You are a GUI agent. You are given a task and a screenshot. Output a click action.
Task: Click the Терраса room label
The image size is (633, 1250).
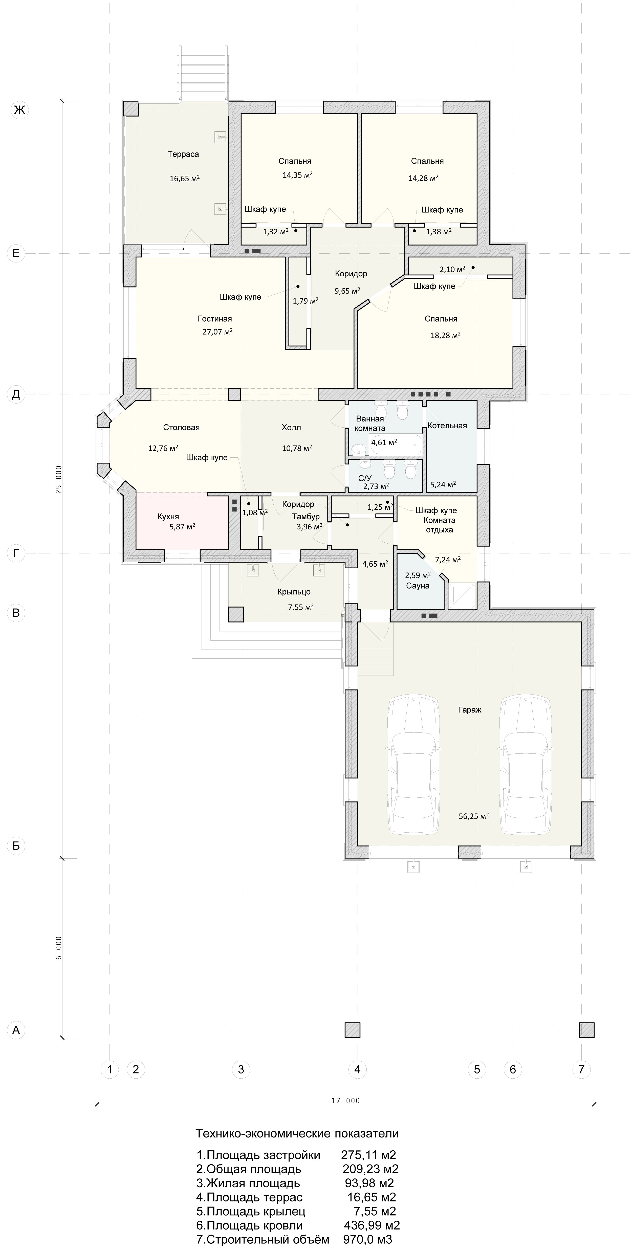pos(183,154)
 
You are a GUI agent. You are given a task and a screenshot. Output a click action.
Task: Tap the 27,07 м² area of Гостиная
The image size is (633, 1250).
pos(217,332)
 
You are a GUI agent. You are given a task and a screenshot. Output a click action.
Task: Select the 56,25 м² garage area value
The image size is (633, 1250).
pos(473,816)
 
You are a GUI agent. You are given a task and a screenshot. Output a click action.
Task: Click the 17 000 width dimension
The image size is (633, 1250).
pos(346,1101)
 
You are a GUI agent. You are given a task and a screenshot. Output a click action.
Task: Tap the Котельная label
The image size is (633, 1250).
pos(447,426)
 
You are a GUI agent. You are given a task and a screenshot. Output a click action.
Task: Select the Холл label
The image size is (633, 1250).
pos(291,428)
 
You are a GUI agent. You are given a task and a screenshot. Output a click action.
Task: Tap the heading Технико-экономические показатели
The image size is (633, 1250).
pos(297,1133)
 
